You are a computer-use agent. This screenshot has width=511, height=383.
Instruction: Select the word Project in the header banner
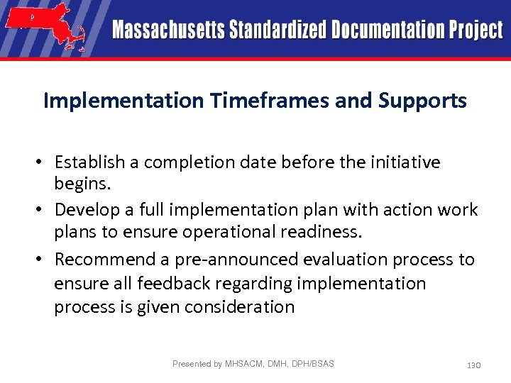pos(476,30)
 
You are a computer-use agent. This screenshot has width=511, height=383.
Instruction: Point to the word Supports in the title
pos(422,101)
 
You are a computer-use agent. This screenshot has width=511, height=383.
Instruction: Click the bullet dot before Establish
pos(44,162)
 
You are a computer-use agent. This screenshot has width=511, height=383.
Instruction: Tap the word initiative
pos(405,162)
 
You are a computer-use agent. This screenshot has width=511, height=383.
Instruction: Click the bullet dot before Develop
pos(44,210)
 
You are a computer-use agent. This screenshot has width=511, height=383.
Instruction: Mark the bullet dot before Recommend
pos(44,260)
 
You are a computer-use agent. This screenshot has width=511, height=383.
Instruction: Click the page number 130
pos(473,365)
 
